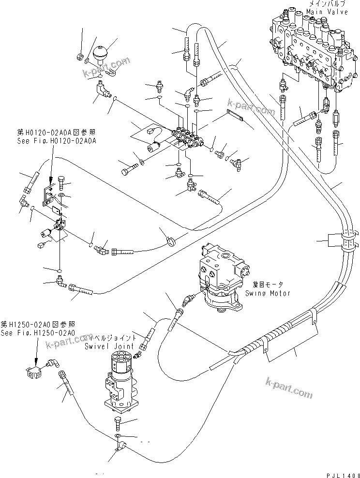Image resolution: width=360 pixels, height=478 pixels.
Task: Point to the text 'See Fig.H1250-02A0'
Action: point(37,333)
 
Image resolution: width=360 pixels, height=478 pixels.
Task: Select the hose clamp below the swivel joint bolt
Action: point(119,445)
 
